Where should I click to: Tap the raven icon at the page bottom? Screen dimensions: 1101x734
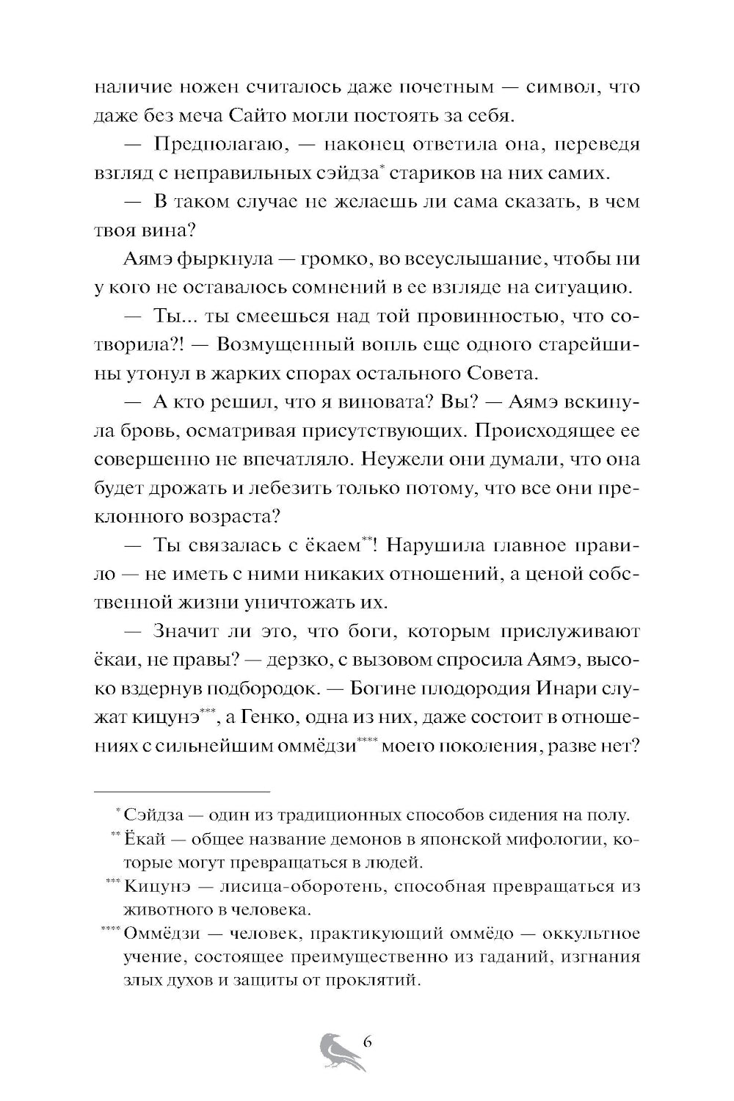[x=338, y=1052]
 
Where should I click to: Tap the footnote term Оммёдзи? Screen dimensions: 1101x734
[x=162, y=934]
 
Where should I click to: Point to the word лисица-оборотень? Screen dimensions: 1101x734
[x=304, y=887]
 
